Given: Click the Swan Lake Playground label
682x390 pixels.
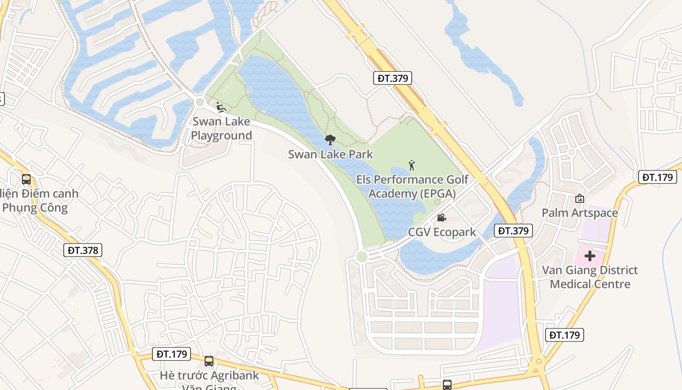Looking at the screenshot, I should (221, 128).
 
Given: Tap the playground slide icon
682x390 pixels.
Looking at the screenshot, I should (220, 107).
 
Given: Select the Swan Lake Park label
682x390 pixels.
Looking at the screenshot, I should (330, 155).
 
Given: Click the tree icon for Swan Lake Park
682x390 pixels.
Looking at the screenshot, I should (330, 140).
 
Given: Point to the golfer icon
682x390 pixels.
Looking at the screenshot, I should (412, 165).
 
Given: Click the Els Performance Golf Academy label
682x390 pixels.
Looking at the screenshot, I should (412, 186).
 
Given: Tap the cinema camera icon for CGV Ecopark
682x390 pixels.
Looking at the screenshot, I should (441, 217).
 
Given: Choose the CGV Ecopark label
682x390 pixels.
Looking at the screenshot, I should (442, 232).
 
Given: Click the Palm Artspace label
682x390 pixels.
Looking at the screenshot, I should (580, 213).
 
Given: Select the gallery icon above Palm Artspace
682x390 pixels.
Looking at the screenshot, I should (580, 198).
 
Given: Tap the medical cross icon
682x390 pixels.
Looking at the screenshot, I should (590, 255).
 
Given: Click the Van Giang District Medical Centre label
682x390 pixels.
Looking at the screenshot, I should (590, 277).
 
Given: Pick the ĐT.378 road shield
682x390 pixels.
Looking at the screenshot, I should (83, 251).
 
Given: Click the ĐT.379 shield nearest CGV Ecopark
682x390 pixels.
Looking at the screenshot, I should (513, 231).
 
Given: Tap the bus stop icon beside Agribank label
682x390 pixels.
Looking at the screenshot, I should (209, 361).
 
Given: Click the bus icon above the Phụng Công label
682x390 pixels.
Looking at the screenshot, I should (26, 179).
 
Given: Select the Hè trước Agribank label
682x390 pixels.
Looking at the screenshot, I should (209, 376).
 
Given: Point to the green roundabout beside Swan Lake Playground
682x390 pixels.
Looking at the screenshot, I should (199, 102).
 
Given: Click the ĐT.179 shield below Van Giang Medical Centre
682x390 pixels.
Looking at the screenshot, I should (565, 335).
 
